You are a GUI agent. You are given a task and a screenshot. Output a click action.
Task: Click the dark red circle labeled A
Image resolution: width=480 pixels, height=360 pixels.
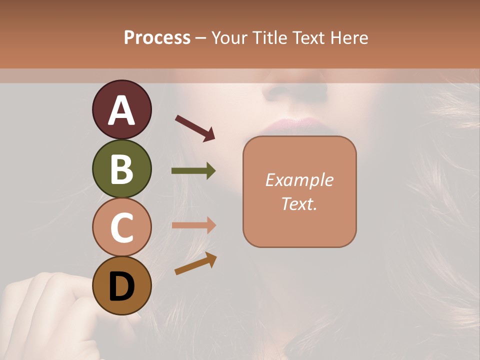[121, 110]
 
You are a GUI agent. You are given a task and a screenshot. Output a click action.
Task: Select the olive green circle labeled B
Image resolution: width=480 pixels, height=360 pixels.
[121, 168]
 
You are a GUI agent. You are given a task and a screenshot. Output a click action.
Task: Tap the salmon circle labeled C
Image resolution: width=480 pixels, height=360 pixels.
[121, 227]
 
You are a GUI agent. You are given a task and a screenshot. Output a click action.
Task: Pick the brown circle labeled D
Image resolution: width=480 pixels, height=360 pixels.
[121, 285]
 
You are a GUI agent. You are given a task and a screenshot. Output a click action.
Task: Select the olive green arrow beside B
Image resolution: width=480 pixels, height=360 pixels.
[193, 171]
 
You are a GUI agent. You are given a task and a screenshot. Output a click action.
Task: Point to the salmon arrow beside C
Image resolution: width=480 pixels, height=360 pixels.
[193, 225]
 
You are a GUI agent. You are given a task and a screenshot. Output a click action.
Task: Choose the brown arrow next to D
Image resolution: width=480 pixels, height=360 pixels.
[195, 263]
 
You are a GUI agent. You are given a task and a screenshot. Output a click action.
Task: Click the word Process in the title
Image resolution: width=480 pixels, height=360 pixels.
[157, 37]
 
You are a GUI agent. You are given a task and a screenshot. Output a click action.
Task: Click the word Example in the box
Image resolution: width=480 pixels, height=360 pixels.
[299, 180]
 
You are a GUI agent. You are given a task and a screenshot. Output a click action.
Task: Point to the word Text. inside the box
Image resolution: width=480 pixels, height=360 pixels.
[299, 203]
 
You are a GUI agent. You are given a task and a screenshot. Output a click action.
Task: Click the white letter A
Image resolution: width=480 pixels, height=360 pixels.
[122, 110]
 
